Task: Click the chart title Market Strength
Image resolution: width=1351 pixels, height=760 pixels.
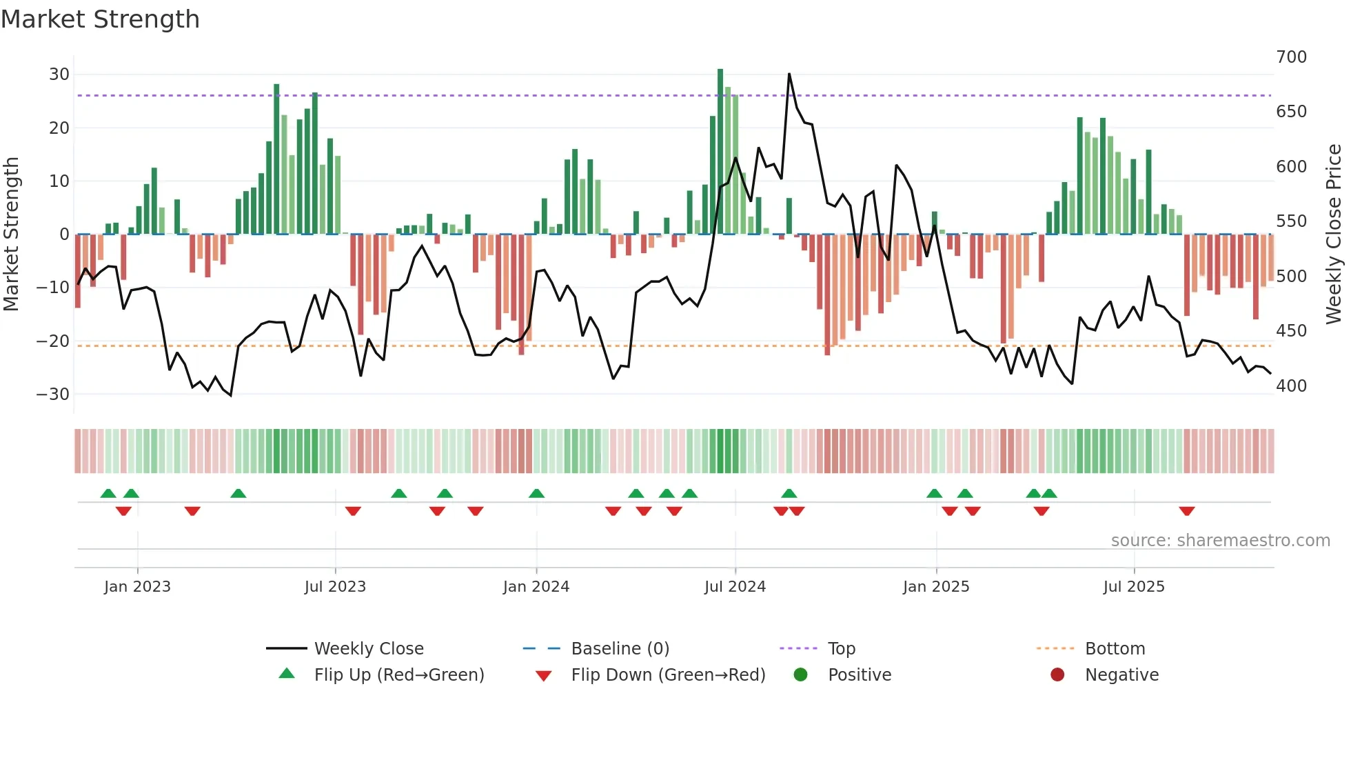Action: (100, 19)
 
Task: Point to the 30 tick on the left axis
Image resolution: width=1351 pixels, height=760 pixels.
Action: (59, 74)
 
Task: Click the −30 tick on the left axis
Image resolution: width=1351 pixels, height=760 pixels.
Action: (54, 394)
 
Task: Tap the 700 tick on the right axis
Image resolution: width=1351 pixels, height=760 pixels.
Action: (1291, 57)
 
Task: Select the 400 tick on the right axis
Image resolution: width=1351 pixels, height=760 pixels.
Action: (1291, 386)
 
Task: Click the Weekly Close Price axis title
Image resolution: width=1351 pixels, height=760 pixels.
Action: (1334, 234)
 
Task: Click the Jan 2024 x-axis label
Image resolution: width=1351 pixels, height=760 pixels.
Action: (536, 587)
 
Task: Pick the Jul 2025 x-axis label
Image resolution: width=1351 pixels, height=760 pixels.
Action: (1134, 587)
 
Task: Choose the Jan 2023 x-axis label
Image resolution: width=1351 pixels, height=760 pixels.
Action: (137, 587)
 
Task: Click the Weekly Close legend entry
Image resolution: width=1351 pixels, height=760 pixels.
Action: (369, 649)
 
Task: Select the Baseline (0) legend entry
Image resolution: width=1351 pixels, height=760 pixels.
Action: (620, 649)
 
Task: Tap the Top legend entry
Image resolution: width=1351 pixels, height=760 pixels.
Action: (842, 649)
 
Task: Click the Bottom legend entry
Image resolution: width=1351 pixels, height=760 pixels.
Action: (1115, 649)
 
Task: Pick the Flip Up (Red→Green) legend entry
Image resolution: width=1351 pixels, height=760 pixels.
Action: (399, 675)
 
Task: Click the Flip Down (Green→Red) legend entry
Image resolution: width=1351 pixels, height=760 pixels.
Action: (668, 675)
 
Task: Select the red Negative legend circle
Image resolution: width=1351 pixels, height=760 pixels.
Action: (1057, 675)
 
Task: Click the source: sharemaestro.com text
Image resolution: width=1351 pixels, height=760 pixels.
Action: (1220, 541)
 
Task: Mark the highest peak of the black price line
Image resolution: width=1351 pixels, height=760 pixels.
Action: (789, 74)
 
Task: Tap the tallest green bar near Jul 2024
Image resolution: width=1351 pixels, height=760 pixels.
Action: (720, 152)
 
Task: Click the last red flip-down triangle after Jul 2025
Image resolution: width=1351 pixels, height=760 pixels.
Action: (1186, 511)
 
